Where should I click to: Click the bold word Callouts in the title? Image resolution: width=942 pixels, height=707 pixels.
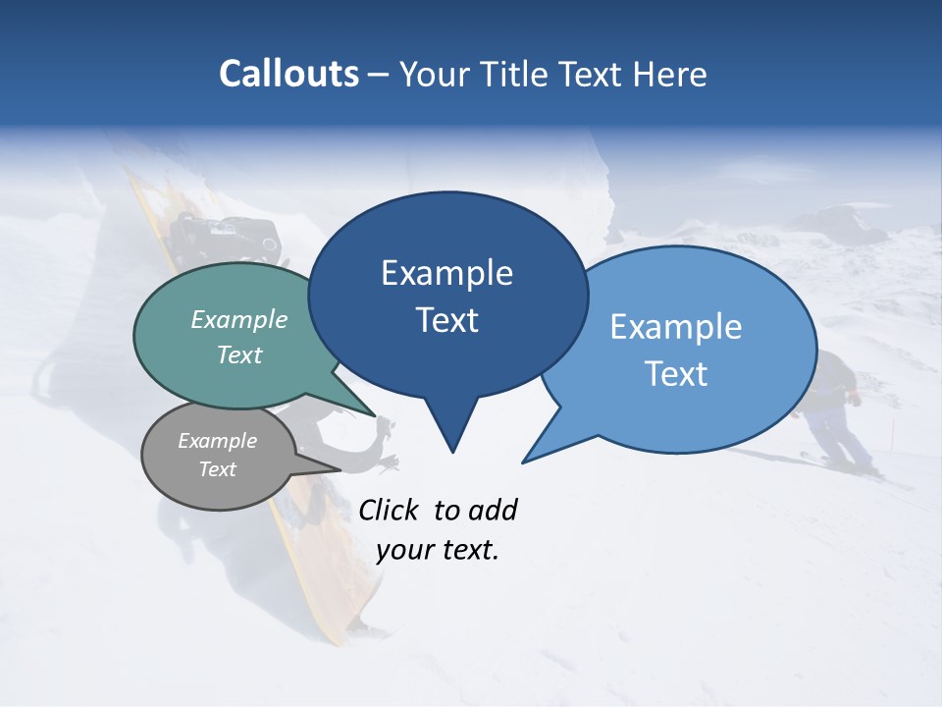289,74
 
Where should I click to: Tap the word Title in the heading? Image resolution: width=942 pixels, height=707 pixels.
516,75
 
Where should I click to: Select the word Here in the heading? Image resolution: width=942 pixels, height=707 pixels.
669,75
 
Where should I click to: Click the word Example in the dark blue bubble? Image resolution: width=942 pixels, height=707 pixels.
446,273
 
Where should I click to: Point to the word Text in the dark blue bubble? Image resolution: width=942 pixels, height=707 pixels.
446,320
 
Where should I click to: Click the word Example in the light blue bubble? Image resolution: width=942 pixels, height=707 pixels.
676,327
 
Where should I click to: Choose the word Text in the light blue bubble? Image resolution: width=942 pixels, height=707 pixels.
676,374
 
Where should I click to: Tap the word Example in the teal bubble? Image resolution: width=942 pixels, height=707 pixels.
239,320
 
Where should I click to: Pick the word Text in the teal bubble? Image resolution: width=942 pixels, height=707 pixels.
239,355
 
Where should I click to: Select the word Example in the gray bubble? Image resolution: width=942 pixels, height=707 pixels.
218,442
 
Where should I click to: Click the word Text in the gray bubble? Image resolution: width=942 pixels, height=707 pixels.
218,469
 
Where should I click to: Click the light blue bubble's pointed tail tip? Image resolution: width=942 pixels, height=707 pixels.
524,461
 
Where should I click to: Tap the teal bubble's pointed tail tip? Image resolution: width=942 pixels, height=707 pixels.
374,415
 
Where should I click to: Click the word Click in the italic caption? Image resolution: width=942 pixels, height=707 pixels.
389,511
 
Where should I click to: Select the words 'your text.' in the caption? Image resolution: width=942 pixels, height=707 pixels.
438,550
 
